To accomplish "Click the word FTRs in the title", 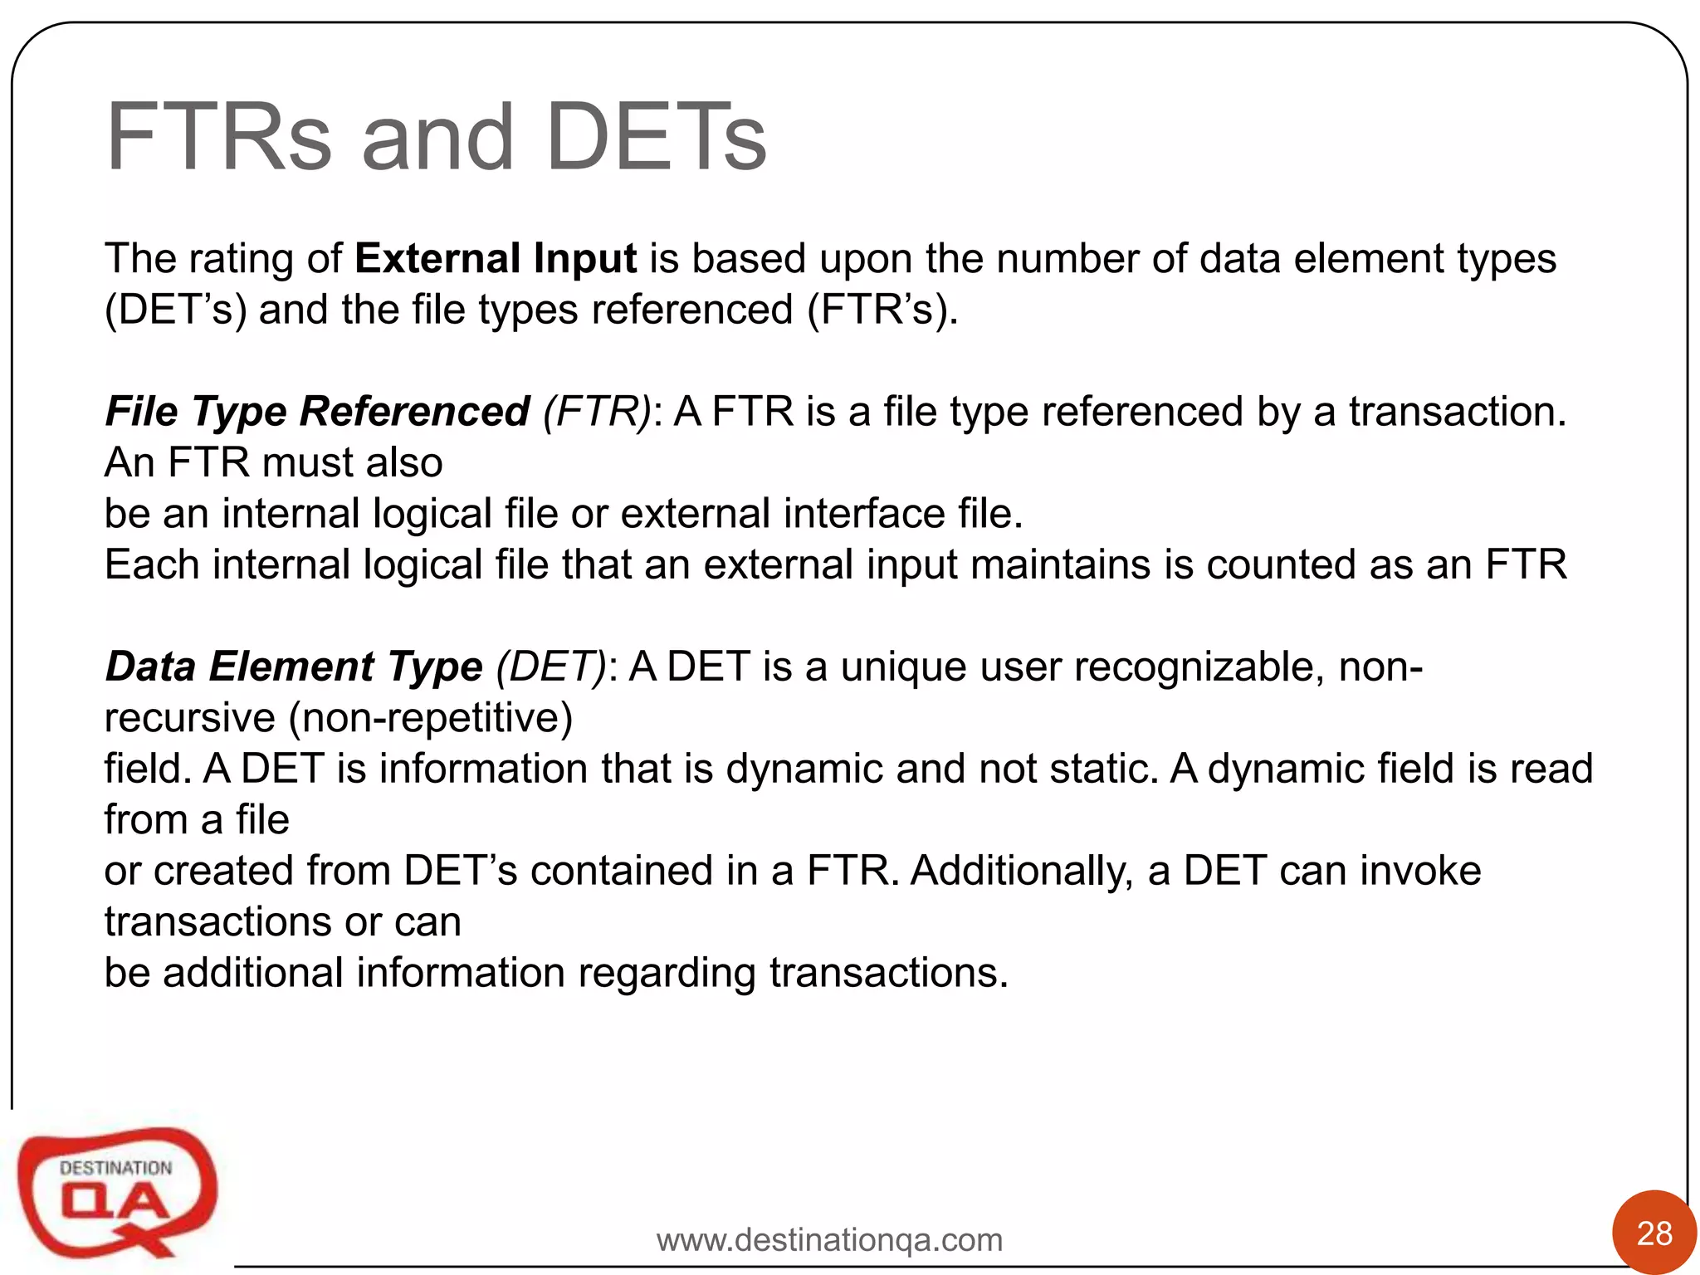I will coord(218,138).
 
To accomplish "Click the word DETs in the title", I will coord(656,138).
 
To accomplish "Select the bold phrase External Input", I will coord(496,258).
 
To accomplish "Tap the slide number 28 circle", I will coord(1654,1233).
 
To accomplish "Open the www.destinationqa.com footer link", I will coord(829,1240).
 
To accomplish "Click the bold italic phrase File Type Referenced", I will coord(317,412).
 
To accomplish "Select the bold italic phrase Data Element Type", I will coord(294,667).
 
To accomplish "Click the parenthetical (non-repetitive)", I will coord(430,718).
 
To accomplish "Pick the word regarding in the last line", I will coord(667,973).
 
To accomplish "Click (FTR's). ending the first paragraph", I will coord(882,310).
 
